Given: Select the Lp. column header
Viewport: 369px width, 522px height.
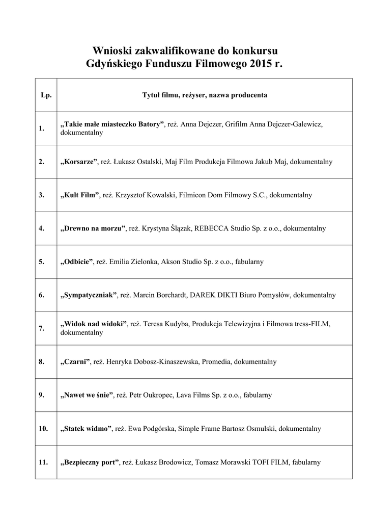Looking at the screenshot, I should coord(46,95).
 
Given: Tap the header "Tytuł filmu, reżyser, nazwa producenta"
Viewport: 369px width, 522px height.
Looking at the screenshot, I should coord(204,95).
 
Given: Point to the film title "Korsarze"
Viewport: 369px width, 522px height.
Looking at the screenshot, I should coord(79,162).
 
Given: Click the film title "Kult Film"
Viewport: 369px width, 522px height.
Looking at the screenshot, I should coord(79,195).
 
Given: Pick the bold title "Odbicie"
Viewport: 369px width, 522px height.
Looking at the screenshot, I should coord(77,262).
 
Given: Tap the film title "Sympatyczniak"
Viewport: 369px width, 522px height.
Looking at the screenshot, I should coord(89,295).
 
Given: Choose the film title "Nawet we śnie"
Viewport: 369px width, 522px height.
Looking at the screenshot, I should coord(87,395).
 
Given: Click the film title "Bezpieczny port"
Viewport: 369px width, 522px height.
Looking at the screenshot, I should coord(90,462).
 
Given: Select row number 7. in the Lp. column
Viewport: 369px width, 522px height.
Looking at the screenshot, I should coord(42,328).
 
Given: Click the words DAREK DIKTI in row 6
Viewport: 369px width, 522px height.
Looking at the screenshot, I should coord(213,295).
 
